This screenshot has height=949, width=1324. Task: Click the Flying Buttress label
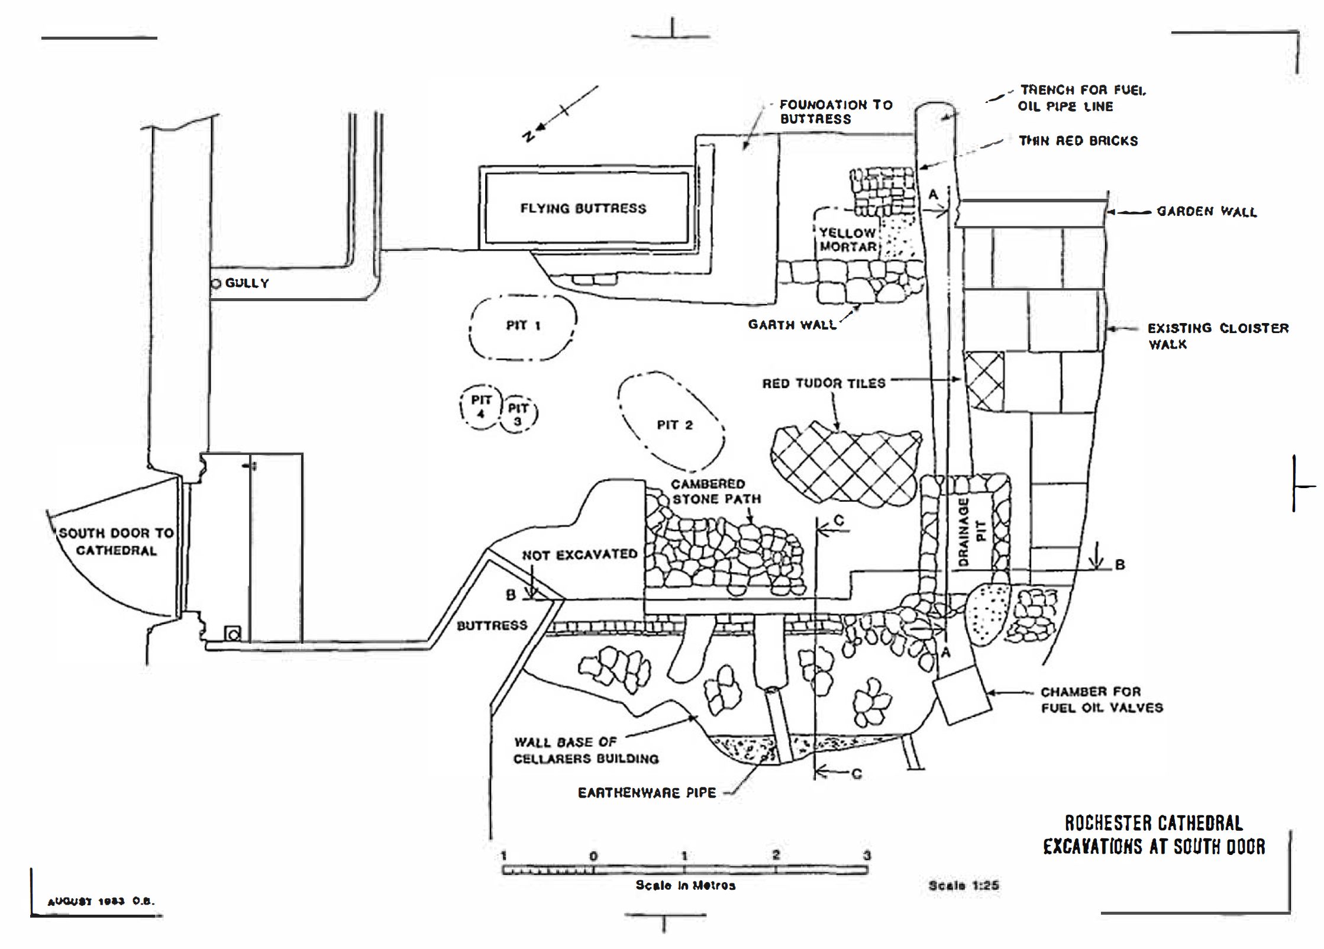(583, 208)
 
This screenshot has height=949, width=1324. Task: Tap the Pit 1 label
(523, 325)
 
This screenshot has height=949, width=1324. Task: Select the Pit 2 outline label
(674, 425)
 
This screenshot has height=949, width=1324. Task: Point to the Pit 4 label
(481, 406)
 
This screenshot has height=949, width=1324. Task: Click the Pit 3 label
(518, 414)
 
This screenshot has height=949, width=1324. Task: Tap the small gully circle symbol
(216, 284)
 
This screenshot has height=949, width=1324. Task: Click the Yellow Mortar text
(848, 240)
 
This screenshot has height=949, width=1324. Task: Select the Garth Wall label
(792, 325)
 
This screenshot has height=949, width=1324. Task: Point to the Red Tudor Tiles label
(824, 383)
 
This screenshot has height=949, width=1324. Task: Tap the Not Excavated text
(579, 554)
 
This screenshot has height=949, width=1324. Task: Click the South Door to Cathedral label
(117, 541)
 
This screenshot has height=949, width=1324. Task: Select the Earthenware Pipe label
(647, 793)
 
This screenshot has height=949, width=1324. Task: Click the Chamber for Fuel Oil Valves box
(961, 695)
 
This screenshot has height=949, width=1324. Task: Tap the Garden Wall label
(1207, 211)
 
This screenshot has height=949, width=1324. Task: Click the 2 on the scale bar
(776, 855)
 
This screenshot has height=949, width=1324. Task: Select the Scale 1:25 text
(964, 886)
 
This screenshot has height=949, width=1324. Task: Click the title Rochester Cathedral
(1154, 823)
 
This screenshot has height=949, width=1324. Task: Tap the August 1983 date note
(101, 902)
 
